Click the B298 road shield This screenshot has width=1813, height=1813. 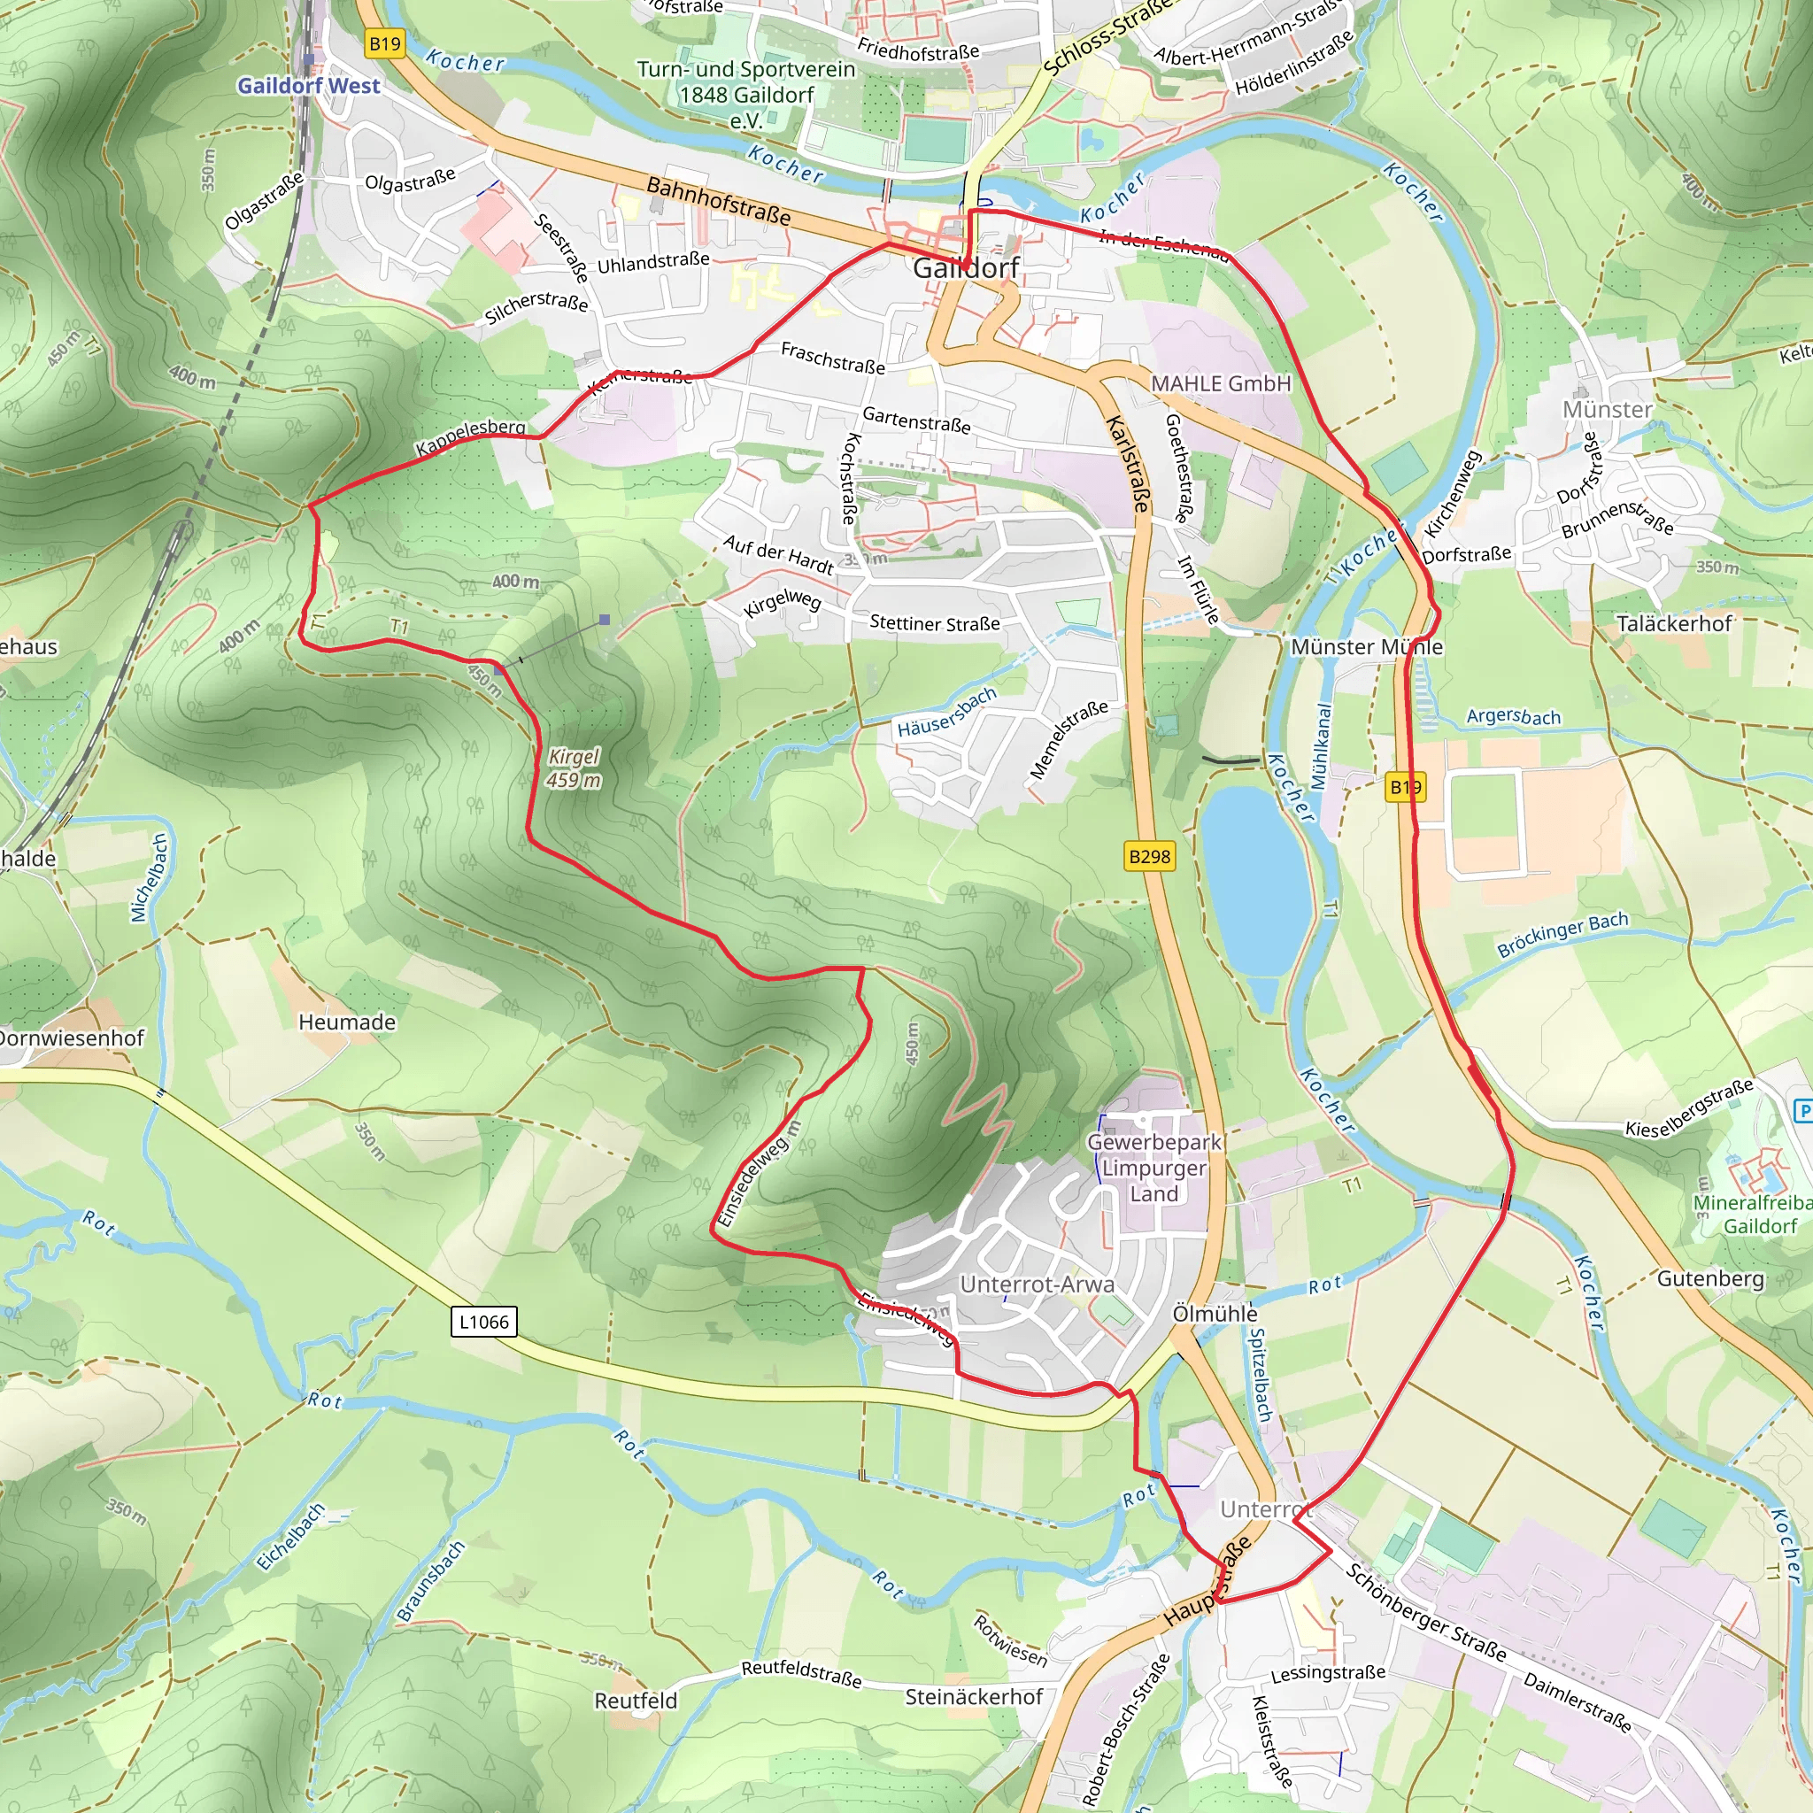click(x=1150, y=856)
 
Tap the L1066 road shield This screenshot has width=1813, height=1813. click(x=483, y=1323)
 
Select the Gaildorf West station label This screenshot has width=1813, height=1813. click(x=309, y=85)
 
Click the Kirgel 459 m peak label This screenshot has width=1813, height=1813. click(x=574, y=768)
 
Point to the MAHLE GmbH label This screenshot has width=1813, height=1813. click(x=1221, y=384)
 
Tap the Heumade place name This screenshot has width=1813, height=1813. click(x=346, y=1022)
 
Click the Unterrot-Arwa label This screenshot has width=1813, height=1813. click(x=1037, y=1284)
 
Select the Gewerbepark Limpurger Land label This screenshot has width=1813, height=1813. click(x=1153, y=1169)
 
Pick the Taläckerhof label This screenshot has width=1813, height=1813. click(x=1673, y=623)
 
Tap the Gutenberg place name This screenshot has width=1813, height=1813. click(x=1709, y=1278)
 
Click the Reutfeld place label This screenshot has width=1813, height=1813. click(x=636, y=1701)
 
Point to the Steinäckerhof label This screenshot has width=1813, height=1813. click(x=973, y=1697)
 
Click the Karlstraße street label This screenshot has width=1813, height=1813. click(x=1128, y=464)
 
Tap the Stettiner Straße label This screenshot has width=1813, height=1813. click(x=934, y=623)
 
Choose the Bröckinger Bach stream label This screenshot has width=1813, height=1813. click(x=1562, y=935)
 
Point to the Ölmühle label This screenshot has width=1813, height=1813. click(x=1215, y=1314)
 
